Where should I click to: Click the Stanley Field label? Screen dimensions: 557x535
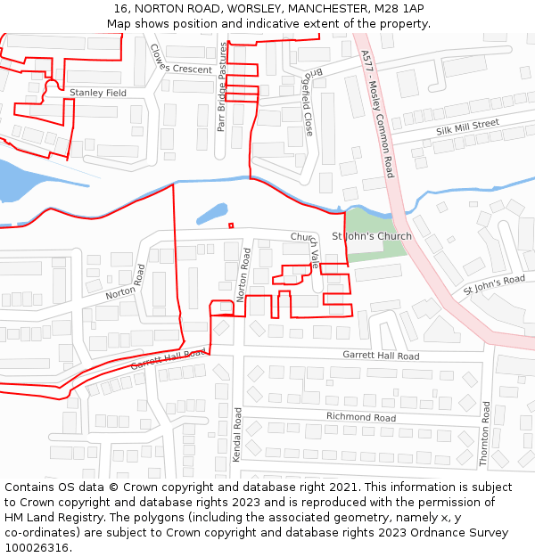(98, 93)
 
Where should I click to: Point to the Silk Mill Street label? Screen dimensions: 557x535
(467, 128)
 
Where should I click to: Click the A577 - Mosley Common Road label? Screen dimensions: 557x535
(377, 112)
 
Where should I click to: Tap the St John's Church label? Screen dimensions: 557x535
(372, 236)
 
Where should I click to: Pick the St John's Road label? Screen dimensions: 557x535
(493, 285)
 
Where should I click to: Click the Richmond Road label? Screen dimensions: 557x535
(360, 416)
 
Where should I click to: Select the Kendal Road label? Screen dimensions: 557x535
(237, 434)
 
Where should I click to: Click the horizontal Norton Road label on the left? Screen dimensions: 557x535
(125, 281)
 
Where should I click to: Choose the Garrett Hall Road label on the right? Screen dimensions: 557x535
(381, 356)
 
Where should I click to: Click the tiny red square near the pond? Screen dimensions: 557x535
(231, 225)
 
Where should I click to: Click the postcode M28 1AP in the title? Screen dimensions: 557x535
(399, 9)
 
